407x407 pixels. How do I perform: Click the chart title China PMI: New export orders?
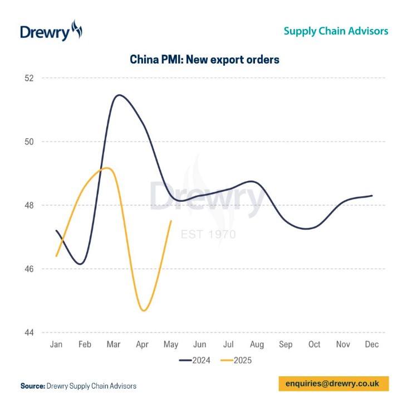point(204,60)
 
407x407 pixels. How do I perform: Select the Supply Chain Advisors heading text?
point(336,31)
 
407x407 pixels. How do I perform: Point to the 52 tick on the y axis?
point(29,78)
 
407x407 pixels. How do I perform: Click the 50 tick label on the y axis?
point(29,142)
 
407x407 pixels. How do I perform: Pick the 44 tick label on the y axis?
point(29,333)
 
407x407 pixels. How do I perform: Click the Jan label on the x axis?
point(56,345)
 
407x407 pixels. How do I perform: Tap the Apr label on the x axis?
point(143,345)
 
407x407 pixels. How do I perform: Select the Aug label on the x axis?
point(257,345)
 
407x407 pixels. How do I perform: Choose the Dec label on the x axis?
point(372,345)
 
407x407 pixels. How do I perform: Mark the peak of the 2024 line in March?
point(119,95)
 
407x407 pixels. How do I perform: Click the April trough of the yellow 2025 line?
point(144,311)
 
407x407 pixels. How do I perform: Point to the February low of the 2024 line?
point(82,264)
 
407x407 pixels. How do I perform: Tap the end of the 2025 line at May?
point(171,221)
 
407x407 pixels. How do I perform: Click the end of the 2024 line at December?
point(372,196)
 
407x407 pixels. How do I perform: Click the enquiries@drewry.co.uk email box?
point(332,384)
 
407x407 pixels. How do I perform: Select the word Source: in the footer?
point(32,386)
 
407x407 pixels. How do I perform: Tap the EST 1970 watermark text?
point(209,234)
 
